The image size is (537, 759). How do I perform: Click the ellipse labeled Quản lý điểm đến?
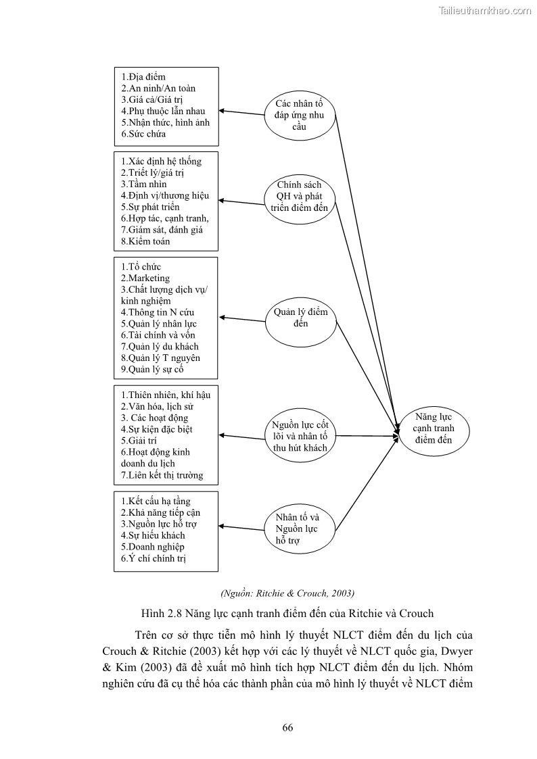(300, 318)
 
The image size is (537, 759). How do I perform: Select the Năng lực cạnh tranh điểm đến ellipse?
(434, 429)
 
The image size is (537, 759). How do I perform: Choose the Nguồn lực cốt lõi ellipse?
(300, 436)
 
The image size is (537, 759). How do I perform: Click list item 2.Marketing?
(145, 278)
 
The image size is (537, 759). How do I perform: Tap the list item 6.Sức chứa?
(143, 134)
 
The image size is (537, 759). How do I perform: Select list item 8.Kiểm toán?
(145, 241)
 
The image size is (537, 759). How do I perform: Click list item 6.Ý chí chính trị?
(154, 558)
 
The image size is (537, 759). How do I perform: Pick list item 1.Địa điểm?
(143, 77)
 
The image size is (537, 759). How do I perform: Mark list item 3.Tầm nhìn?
(144, 184)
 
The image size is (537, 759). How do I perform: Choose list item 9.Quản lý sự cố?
(152, 369)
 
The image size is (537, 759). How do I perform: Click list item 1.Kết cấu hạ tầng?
(156, 501)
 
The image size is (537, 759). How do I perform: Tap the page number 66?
(287, 728)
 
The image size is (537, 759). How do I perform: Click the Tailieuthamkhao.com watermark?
(485, 10)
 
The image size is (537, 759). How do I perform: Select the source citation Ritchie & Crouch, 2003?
(287, 593)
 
